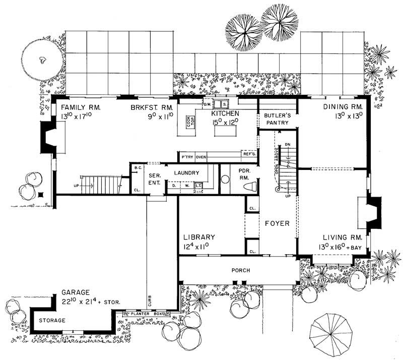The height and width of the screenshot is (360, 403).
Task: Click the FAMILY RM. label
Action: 81,108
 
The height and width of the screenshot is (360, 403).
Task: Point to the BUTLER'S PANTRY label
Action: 277,118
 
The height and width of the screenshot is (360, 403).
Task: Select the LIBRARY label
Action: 199,237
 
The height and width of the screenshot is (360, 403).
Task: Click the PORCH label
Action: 240,270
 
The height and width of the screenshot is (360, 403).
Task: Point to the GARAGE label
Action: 76,292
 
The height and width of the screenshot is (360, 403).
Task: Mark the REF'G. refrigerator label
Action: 249,154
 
